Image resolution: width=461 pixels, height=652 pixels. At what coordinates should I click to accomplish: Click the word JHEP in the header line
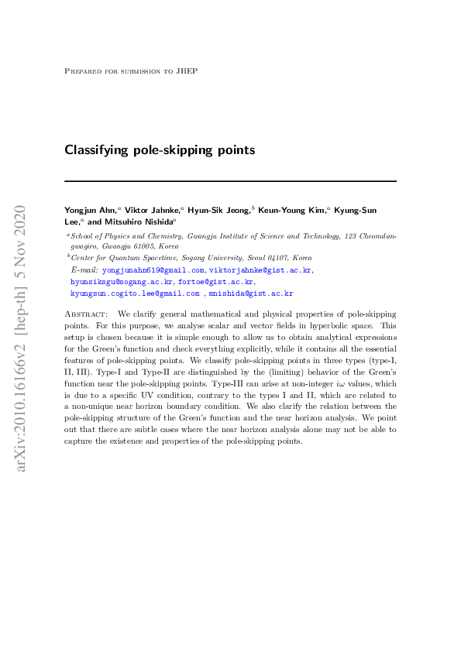pyautogui.click(x=188, y=70)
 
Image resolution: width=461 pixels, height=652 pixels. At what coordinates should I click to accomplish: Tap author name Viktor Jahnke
pyautogui.click(x=151, y=209)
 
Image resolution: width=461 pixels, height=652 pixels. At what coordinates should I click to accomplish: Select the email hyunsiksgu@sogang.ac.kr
pyautogui.click(x=122, y=282)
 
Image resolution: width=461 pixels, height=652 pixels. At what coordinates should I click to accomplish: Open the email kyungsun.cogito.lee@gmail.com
pyautogui.click(x=135, y=293)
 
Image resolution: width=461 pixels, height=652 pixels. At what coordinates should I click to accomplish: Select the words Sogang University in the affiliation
pyautogui.click(x=219, y=257)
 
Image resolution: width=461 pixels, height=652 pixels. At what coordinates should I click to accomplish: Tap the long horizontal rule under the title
pyautogui.click(x=230, y=181)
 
